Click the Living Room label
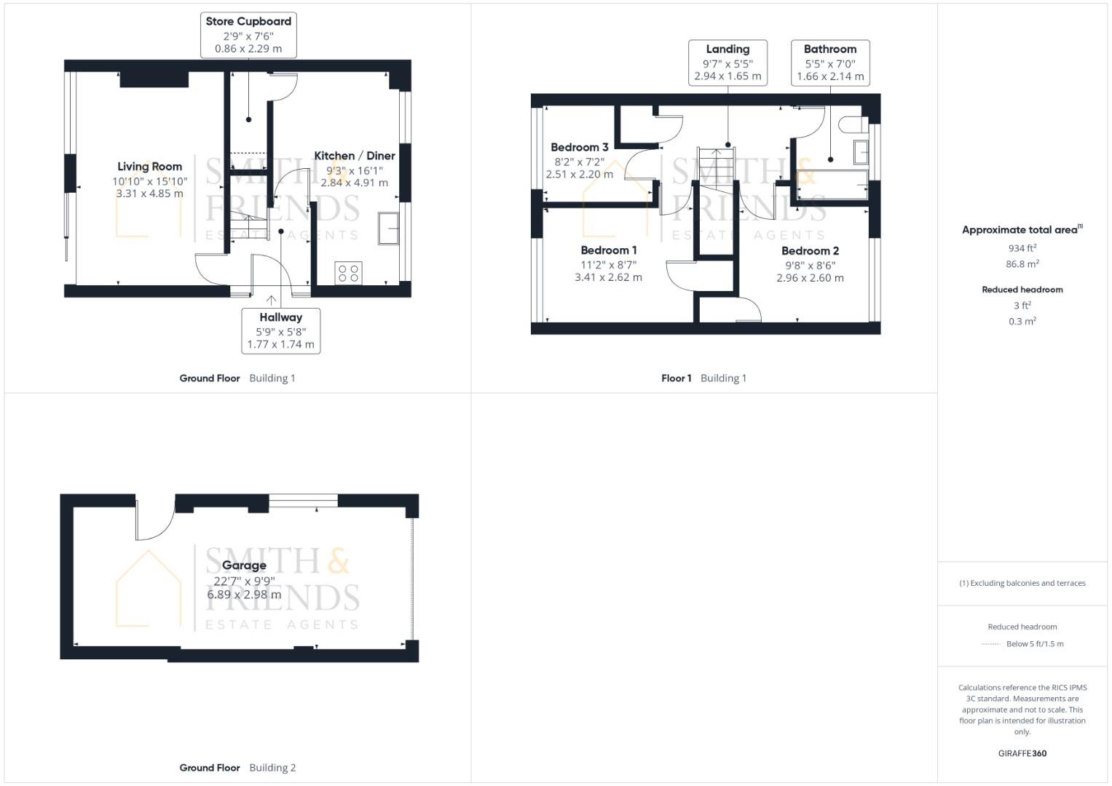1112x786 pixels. point(149,167)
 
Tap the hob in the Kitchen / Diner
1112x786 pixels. point(349,274)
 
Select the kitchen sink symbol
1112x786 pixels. point(388,228)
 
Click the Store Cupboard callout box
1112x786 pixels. point(248,35)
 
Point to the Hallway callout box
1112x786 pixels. point(280,331)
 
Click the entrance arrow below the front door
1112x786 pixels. point(272,300)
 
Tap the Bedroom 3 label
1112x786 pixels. point(579,147)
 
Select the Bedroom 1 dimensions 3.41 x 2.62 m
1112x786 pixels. point(608,277)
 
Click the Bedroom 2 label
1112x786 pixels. point(810,251)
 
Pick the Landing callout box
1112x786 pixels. point(727,63)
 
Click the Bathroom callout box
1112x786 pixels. point(830,63)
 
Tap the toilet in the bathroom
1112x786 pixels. point(849,124)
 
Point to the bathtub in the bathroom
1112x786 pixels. point(832,185)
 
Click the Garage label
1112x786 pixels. point(244,565)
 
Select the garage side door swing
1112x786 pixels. point(154,521)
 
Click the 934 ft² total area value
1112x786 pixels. point(1022,248)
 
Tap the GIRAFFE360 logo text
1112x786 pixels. point(1022,753)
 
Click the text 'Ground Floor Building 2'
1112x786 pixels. point(237,767)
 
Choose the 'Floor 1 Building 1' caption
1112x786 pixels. point(703,378)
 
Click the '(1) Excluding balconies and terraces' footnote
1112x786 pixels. point(1022,583)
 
